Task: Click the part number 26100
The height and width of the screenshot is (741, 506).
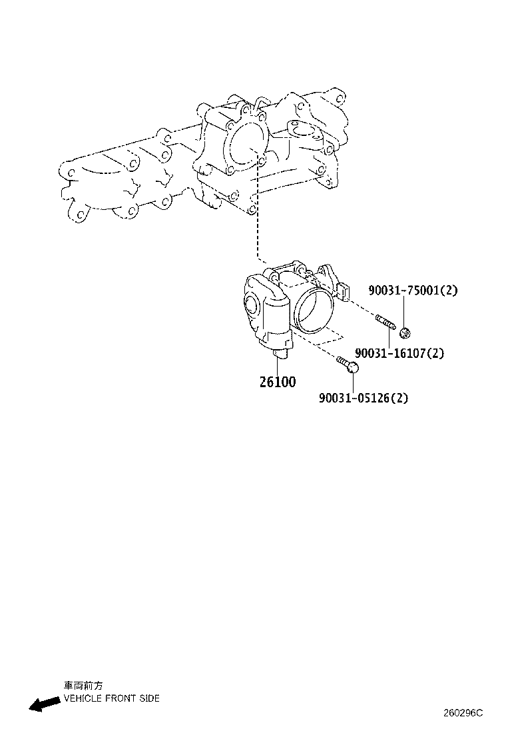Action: (x=278, y=382)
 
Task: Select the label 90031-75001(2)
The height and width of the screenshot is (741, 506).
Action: (x=413, y=291)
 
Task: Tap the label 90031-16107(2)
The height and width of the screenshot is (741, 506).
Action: (x=399, y=353)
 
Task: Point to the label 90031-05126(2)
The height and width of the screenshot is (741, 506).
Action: (x=364, y=398)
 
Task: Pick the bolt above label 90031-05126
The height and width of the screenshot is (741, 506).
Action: (x=348, y=363)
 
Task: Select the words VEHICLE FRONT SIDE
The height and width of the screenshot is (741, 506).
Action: (x=111, y=698)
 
